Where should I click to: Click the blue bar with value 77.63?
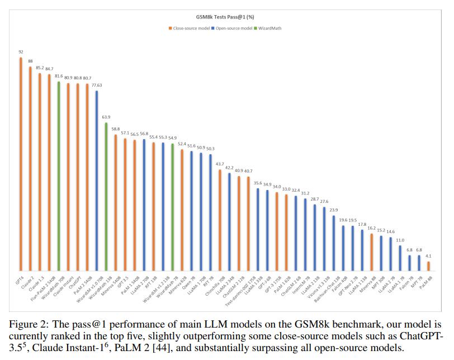[x=96, y=179]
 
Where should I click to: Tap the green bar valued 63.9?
[x=106, y=195]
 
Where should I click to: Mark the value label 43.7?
[x=220, y=164]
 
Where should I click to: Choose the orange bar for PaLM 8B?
[x=429, y=265]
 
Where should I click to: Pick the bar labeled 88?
[x=30, y=168]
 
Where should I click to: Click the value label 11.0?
[x=400, y=240]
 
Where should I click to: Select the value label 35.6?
[x=258, y=183]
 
